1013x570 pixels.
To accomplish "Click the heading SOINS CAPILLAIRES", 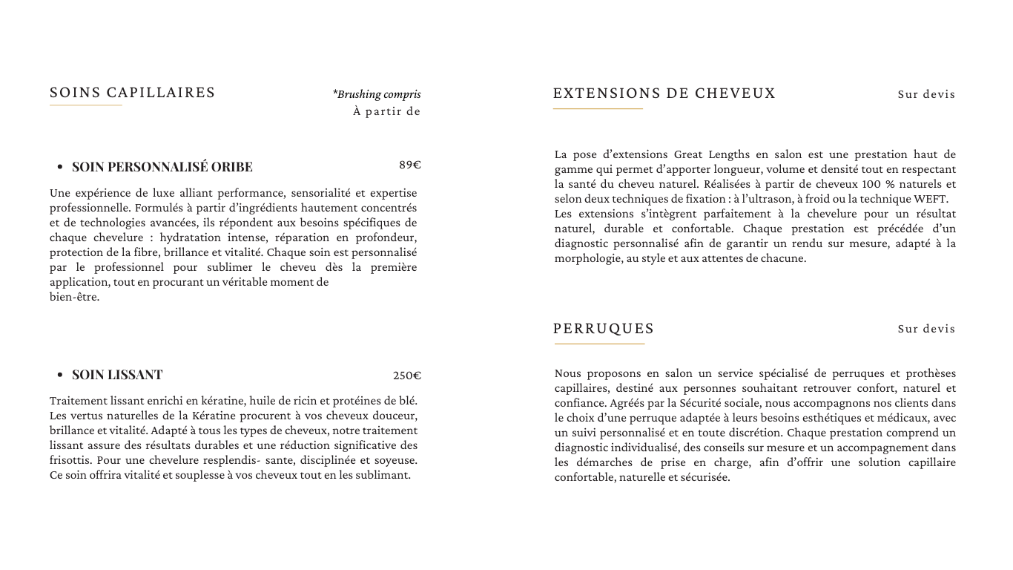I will pyautogui.click(x=133, y=93).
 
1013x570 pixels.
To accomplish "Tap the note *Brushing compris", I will pyautogui.click(x=377, y=94).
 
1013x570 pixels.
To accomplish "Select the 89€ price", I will pyautogui.click(x=409, y=165).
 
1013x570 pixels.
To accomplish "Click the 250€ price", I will pyautogui.click(x=407, y=376).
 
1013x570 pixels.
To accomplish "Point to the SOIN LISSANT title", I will pyautogui.click(x=117, y=375).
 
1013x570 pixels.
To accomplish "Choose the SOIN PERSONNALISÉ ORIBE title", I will pyautogui.click(x=162, y=167).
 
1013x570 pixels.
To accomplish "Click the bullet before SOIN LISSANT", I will pyautogui.click(x=59, y=376).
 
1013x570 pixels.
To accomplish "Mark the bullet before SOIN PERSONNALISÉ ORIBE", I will pyautogui.click(x=59, y=167).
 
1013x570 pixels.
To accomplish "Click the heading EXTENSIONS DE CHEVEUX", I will pyautogui.click(x=664, y=94).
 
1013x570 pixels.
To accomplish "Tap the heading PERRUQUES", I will pyautogui.click(x=604, y=329).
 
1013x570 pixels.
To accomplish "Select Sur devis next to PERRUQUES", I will pyautogui.click(x=926, y=329).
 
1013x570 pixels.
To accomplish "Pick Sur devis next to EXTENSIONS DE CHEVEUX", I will pyautogui.click(x=926, y=94).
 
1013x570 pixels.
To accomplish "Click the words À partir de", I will pyautogui.click(x=386, y=112).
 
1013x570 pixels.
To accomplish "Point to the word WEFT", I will pyautogui.click(x=931, y=199).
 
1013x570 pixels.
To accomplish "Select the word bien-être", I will pyautogui.click(x=74, y=298).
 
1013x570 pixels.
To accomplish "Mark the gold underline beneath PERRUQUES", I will pyautogui.click(x=599, y=344).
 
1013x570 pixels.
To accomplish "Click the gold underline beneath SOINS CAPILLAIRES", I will pyautogui.click(x=85, y=105).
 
